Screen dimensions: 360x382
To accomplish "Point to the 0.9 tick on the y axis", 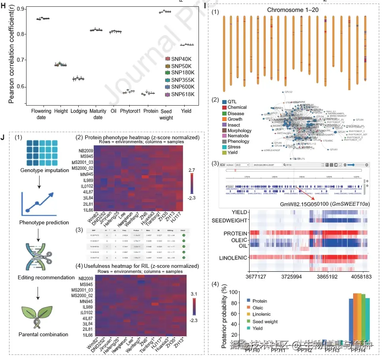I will [18, 9].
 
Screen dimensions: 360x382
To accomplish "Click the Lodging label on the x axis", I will [79, 112].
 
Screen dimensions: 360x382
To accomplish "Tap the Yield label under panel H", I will [187, 112].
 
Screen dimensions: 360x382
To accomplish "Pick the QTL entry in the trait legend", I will [232, 101].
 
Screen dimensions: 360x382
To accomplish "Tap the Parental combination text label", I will [43, 335].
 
